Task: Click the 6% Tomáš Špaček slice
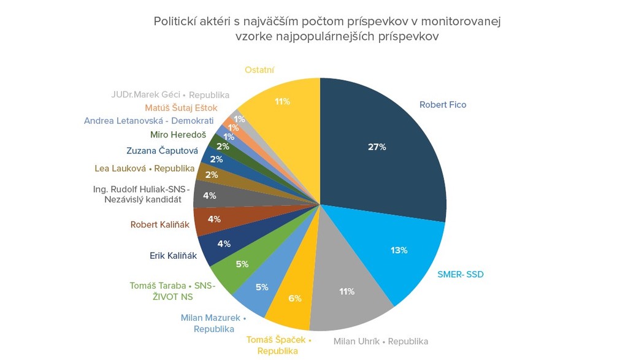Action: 293,301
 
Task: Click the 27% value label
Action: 377,147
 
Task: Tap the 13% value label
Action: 399,250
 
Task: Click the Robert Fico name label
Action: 443,105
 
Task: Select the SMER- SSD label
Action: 460,274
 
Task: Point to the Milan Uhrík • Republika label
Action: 380,341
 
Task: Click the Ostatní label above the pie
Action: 259,70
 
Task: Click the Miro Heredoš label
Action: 178,135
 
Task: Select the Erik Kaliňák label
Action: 174,256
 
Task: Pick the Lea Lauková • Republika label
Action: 144,168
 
